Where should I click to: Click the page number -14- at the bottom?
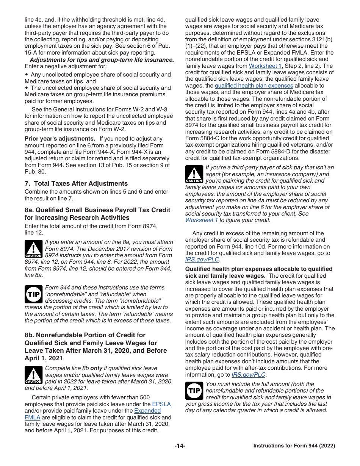[x=180, y=446]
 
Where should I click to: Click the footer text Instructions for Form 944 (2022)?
[x=294, y=446]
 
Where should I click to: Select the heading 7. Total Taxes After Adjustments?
[x=76, y=183]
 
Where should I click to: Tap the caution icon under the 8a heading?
[x=33, y=249]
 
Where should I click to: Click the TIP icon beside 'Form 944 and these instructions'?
[x=33, y=294]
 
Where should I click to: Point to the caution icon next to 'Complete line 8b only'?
[x=33, y=375]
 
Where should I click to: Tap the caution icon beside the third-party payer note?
[x=194, y=174]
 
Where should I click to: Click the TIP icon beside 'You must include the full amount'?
[x=194, y=391]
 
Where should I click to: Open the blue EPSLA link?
[x=161, y=404]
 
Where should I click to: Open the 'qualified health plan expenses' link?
[x=254, y=86]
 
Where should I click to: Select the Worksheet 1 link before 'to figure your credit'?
[x=201, y=220]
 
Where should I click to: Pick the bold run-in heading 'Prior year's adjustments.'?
[x=60, y=139]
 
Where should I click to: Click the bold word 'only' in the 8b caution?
[x=97, y=368]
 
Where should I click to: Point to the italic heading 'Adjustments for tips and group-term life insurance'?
[x=102, y=59]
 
